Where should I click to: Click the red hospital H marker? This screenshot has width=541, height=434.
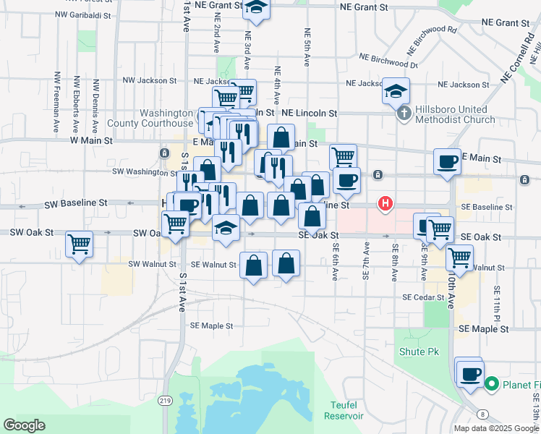click(385, 205)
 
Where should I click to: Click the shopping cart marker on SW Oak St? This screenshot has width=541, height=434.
click(79, 244)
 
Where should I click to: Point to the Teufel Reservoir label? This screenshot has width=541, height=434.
click(345, 411)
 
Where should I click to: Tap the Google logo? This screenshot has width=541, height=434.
click(25, 425)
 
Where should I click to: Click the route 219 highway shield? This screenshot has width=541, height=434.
click(166, 401)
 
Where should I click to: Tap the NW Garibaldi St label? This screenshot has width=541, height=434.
click(82, 14)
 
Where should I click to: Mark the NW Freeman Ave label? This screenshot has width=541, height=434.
click(56, 101)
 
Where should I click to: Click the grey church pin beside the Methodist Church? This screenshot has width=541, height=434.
click(404, 114)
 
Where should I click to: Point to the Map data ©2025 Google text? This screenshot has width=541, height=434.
click(495, 428)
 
